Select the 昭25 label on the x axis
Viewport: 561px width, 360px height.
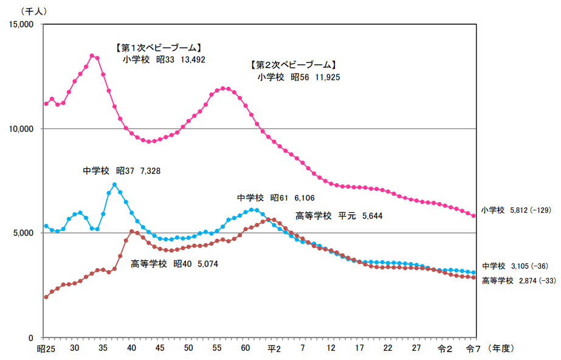(x=46, y=348)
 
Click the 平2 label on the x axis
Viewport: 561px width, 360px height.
(x=274, y=348)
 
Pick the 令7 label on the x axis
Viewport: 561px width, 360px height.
(x=473, y=348)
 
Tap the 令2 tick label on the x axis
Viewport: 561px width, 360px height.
(x=445, y=348)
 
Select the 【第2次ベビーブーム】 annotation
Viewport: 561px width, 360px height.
(x=294, y=64)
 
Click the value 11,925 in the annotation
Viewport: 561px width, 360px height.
(x=328, y=77)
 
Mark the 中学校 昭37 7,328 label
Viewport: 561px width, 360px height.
(x=122, y=171)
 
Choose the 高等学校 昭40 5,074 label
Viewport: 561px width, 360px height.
(x=174, y=264)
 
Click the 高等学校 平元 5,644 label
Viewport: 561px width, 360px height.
(x=339, y=215)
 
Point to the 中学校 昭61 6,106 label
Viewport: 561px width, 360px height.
(x=276, y=198)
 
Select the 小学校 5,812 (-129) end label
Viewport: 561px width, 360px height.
(x=515, y=210)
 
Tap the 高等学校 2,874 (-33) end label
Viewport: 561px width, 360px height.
(x=517, y=280)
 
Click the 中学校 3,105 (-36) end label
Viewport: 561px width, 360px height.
(x=517, y=266)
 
